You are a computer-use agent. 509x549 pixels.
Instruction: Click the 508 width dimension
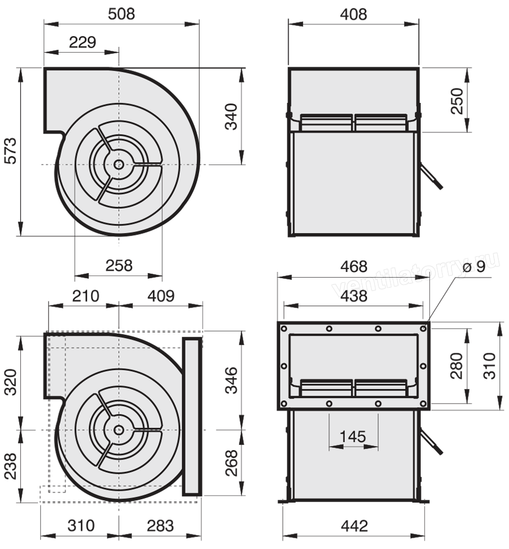[x=121, y=14]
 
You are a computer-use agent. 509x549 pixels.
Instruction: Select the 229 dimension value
[x=83, y=42]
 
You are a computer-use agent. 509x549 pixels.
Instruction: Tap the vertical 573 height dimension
[x=11, y=151]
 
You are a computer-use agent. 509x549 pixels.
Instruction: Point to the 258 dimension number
[x=119, y=266]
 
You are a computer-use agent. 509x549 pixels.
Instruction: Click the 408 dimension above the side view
[x=353, y=14]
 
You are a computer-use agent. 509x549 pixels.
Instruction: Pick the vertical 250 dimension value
[x=457, y=101]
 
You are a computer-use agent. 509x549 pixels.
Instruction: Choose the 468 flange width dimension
[x=354, y=267]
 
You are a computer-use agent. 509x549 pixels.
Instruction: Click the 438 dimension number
[x=354, y=296]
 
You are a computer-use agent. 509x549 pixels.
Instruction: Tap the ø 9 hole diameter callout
[x=474, y=267]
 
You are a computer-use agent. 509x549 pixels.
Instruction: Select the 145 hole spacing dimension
[x=353, y=437]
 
